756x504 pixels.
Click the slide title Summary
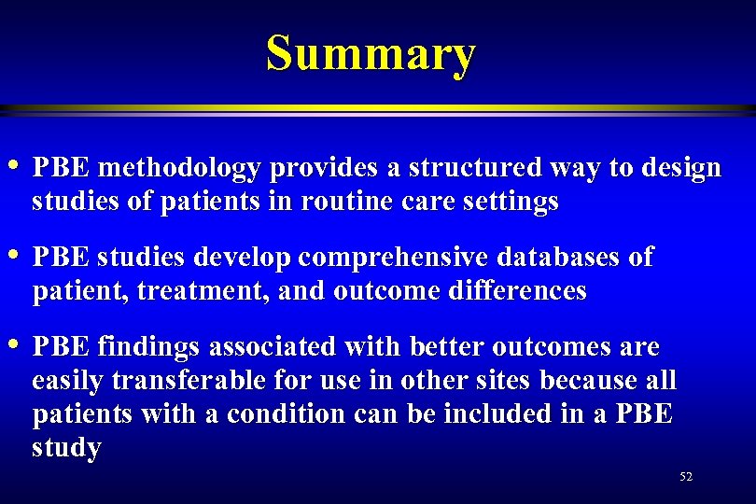coord(371,53)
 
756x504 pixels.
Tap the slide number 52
coord(686,477)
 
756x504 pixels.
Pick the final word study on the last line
coord(66,449)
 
